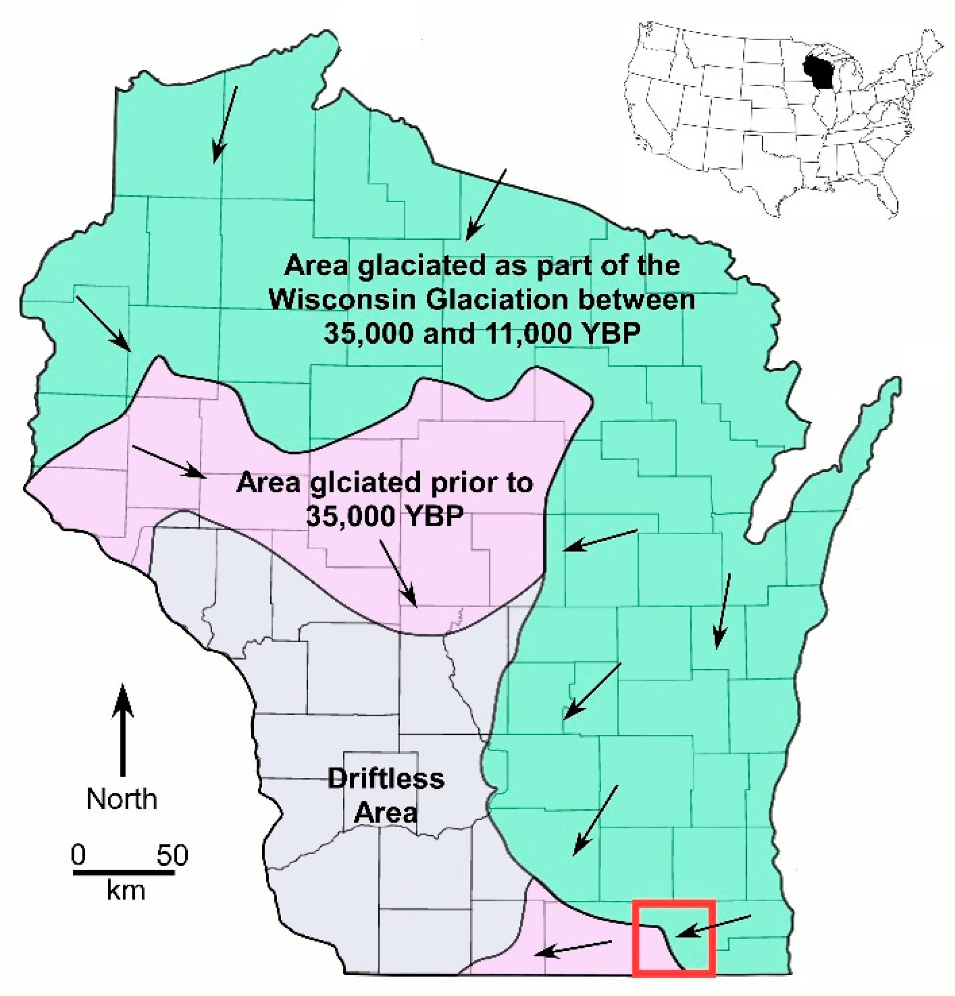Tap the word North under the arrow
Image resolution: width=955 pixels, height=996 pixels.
[x=121, y=799]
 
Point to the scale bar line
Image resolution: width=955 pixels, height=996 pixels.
[x=123, y=873]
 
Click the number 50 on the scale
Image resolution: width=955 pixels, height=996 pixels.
[x=172, y=855]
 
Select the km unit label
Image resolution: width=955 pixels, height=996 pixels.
[x=125, y=891]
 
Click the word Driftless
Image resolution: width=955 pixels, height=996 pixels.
[x=386, y=778]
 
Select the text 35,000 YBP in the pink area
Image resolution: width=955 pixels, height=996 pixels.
[x=385, y=516]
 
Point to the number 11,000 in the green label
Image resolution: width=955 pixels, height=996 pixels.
[x=532, y=334]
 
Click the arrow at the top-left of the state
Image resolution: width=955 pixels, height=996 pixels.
[x=225, y=124]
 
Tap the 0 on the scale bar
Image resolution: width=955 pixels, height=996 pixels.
[x=78, y=855]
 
